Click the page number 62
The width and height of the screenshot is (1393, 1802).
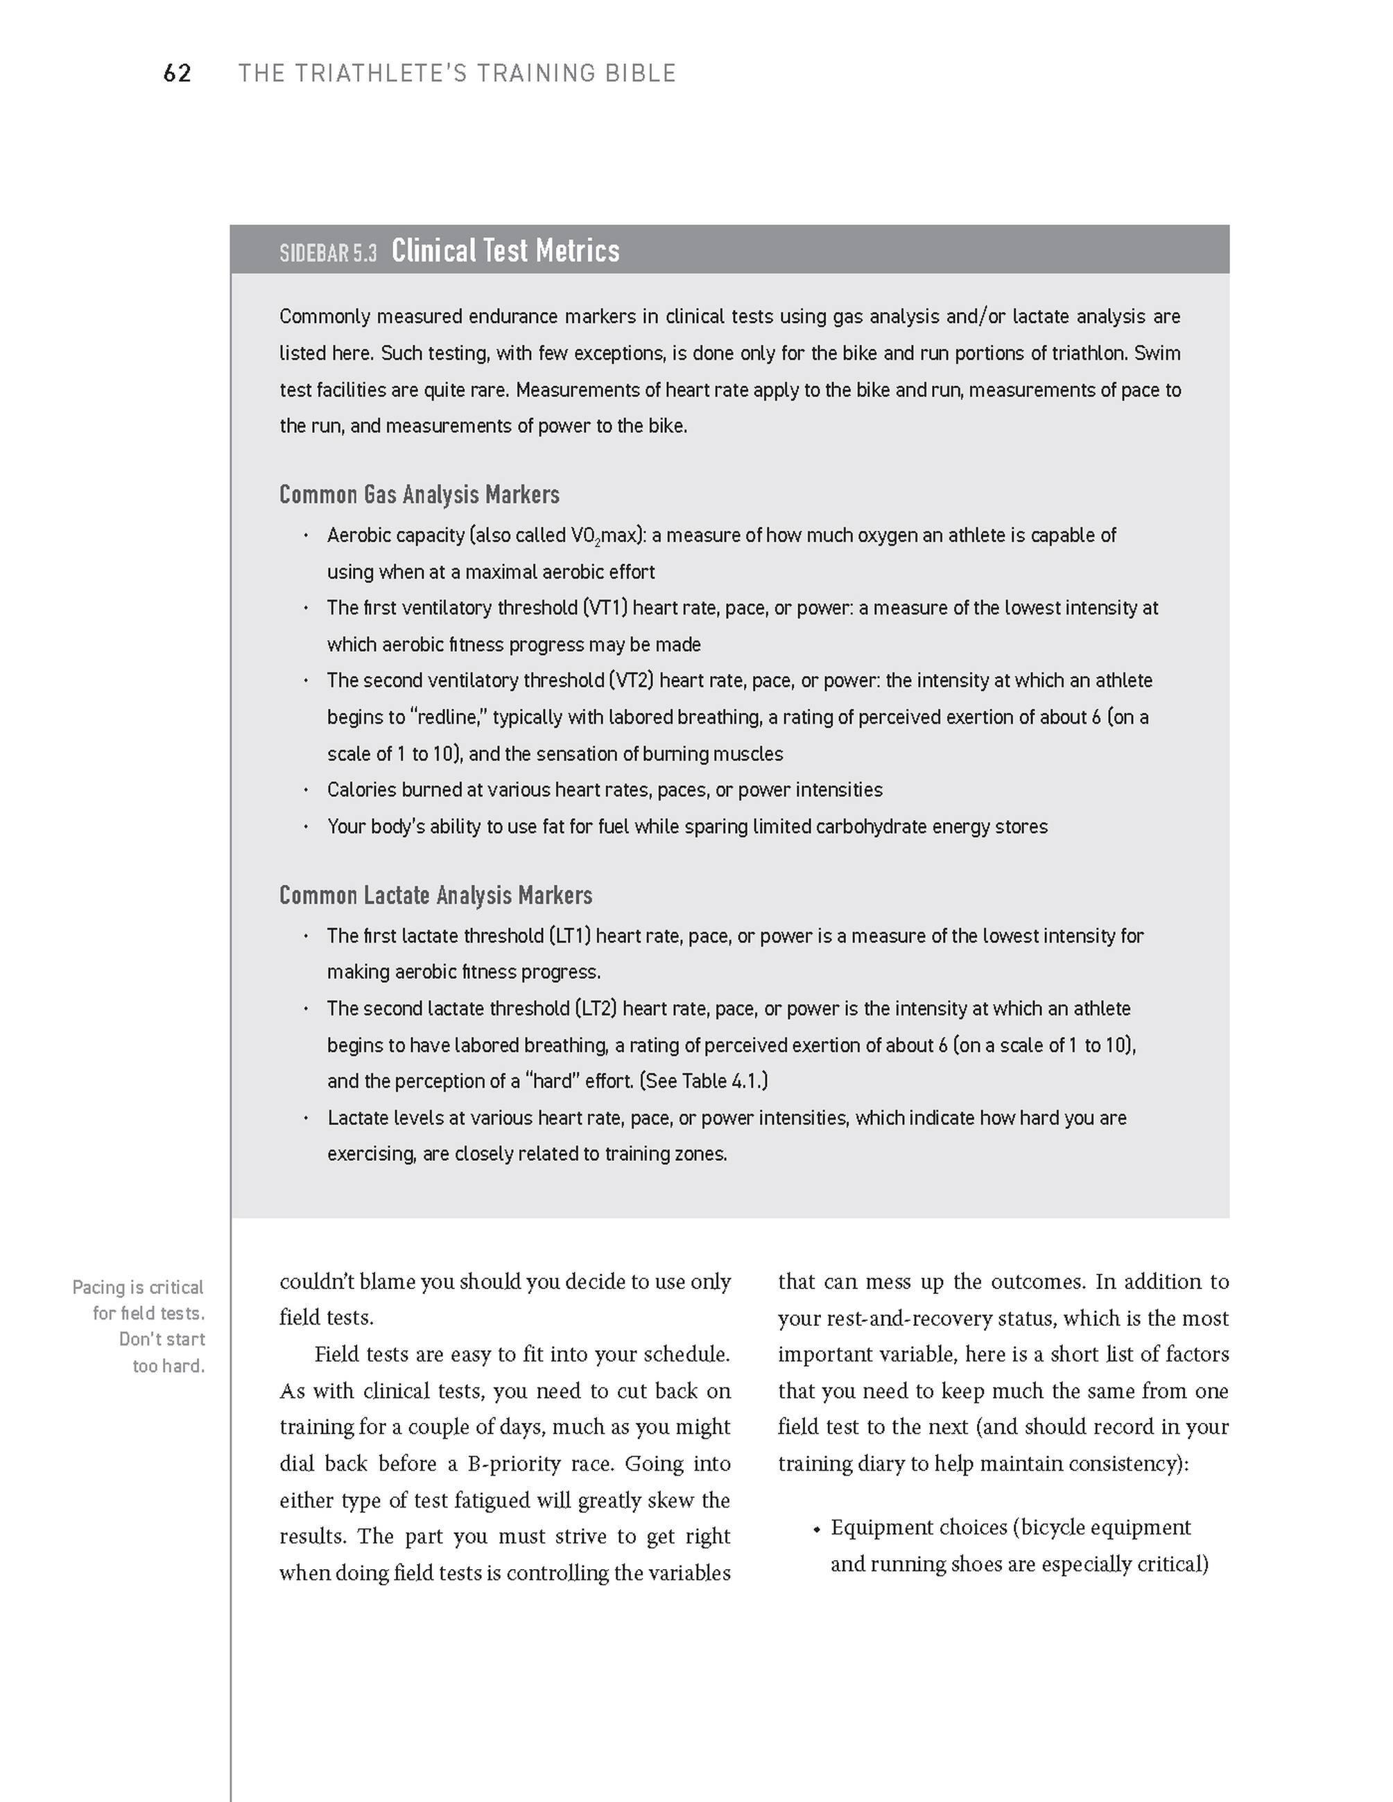(178, 73)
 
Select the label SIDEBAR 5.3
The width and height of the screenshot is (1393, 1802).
(327, 252)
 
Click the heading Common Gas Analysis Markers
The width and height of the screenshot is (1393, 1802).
(419, 494)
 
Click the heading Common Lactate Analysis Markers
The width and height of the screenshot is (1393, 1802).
(435, 895)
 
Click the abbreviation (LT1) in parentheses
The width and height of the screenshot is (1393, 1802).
(569, 936)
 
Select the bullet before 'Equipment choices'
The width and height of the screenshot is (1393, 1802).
(816, 1530)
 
